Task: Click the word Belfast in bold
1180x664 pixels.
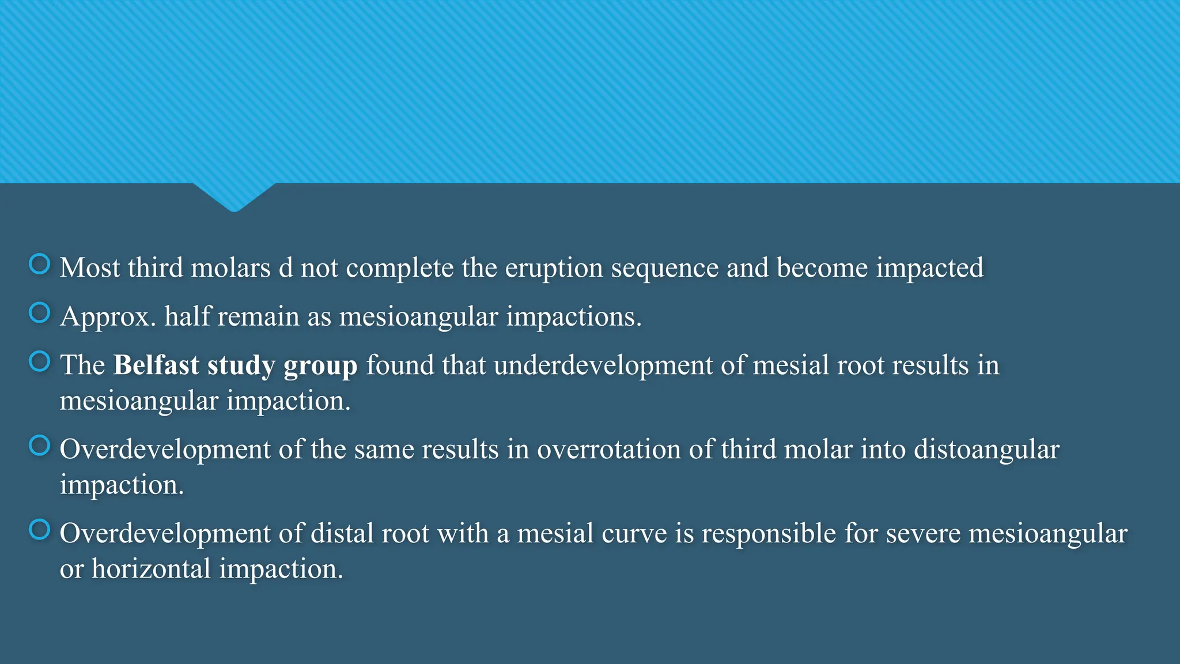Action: pyautogui.click(x=156, y=365)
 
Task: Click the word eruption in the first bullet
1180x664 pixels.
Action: pyautogui.click(x=554, y=269)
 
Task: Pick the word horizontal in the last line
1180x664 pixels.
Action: pyautogui.click(x=151, y=569)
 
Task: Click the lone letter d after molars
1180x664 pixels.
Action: pyautogui.click(x=286, y=268)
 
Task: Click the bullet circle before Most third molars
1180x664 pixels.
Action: pyautogui.click(x=40, y=265)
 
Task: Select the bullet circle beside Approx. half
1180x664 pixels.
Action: pyautogui.click(x=40, y=313)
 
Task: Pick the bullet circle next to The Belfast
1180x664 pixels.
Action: pyautogui.click(x=40, y=362)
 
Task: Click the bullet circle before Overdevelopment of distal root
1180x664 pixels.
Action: pyautogui.click(x=40, y=530)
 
